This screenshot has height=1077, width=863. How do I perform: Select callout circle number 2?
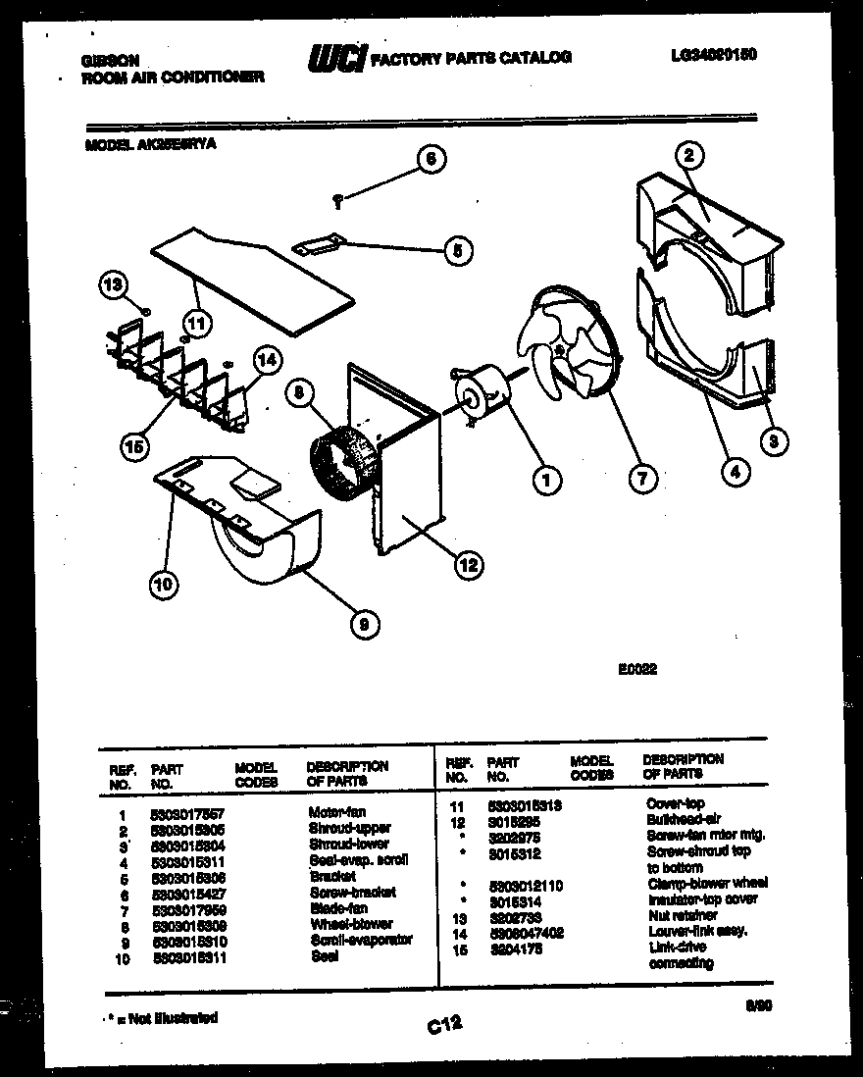[x=689, y=154]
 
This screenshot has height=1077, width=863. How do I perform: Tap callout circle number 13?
[x=113, y=285]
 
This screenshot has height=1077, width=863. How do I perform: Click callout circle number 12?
[x=468, y=563]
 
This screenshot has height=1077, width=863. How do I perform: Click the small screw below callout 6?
[x=337, y=201]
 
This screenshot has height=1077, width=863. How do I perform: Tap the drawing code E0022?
[x=636, y=671]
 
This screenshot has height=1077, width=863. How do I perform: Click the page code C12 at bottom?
[x=443, y=1026]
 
